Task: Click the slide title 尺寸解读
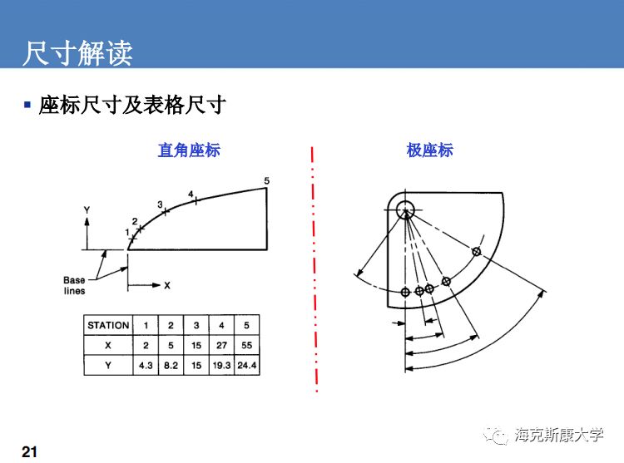coord(77,52)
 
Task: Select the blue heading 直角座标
coord(189,150)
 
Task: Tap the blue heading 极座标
coord(429,150)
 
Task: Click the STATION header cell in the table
coord(108,325)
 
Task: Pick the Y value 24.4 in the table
coord(247,365)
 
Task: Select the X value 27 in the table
coord(221,345)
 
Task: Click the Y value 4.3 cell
coord(146,365)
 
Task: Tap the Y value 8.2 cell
coord(171,365)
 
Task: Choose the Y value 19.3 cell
coord(221,365)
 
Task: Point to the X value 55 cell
coord(247,345)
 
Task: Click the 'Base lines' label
coord(74,285)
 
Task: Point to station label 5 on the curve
coord(266,180)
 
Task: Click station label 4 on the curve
coord(191,195)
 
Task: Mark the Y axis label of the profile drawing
coord(86,211)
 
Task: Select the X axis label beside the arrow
coord(166,285)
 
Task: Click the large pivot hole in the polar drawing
coord(405,207)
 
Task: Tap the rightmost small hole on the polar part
coord(477,252)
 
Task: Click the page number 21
coord(29,451)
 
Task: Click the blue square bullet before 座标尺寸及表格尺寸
coord(27,105)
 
